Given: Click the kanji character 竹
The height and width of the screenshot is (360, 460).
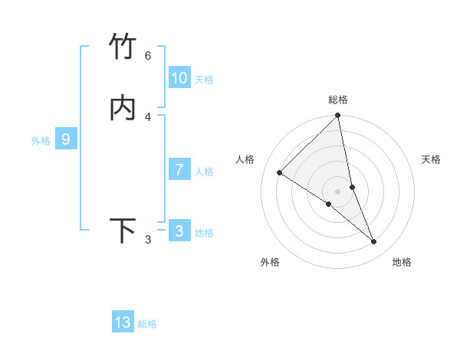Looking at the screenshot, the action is (123, 47).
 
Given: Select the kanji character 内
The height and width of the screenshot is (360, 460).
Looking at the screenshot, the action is (123, 109).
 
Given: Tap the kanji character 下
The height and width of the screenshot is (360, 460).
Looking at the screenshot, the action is (123, 231).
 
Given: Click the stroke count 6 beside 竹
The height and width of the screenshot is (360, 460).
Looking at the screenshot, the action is (147, 55).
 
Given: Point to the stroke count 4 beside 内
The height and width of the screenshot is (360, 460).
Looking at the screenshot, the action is (147, 117).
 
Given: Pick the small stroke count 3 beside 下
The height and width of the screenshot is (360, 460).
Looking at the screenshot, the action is (147, 240).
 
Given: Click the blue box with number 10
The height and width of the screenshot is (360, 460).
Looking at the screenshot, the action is (179, 78).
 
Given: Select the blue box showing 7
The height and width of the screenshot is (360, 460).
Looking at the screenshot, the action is (179, 170).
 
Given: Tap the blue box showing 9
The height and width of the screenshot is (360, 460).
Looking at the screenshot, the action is (66, 139).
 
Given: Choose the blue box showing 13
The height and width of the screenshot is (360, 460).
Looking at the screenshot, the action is (123, 322).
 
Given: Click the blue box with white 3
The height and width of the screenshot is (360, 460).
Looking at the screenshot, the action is (179, 231).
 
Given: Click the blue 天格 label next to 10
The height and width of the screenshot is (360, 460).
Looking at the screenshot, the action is (204, 80).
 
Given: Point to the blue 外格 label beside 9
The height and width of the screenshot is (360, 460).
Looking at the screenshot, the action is (41, 141).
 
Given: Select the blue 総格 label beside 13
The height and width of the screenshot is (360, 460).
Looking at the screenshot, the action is (147, 324).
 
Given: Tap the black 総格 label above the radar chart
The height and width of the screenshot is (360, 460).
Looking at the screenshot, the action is (338, 100).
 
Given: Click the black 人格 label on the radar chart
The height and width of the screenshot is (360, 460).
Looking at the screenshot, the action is (245, 159).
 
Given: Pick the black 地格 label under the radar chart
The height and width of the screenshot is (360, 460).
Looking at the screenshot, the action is (402, 262).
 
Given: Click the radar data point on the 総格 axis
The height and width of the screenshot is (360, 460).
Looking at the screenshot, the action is (338, 116).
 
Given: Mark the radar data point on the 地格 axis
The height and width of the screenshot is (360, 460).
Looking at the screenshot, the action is (374, 242).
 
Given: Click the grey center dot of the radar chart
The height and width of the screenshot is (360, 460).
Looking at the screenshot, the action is (338, 191).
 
